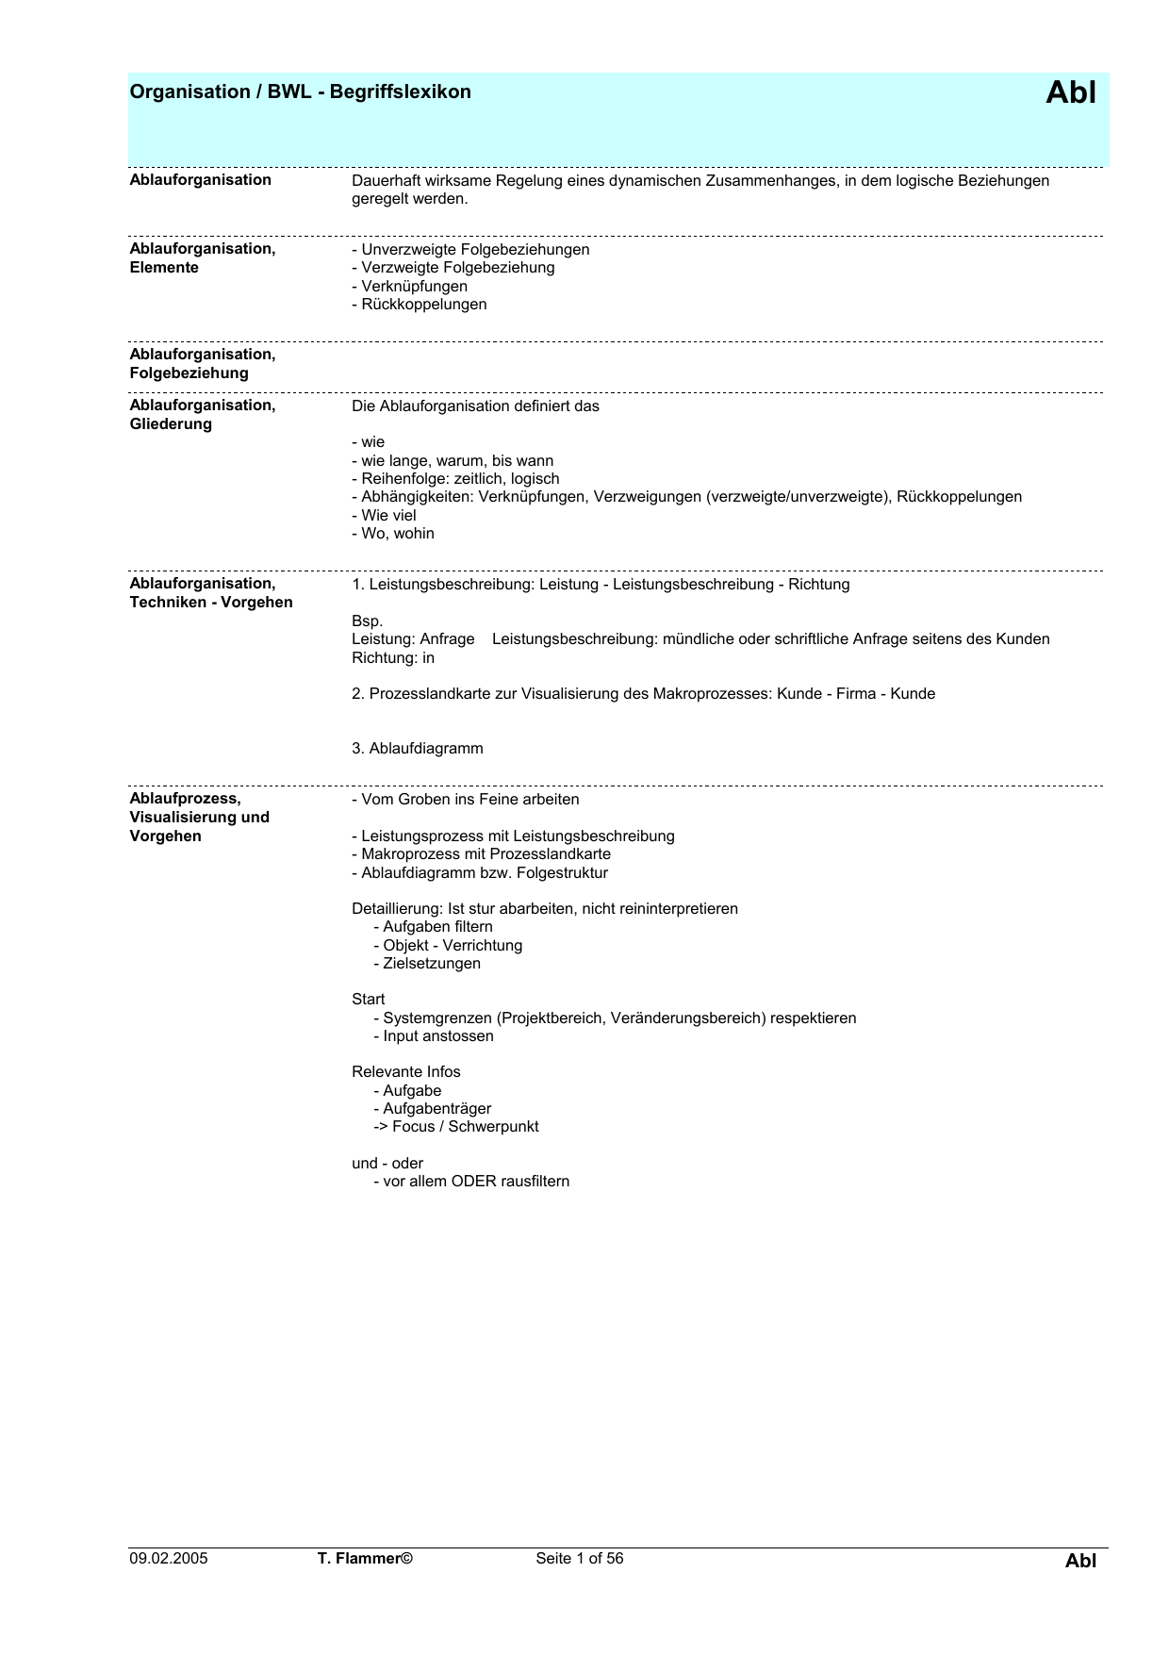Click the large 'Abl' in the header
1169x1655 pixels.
point(1071,92)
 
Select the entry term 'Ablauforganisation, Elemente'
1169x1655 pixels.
point(203,258)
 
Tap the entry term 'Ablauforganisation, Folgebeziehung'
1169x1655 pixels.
point(203,364)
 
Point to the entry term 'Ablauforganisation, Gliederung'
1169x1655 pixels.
point(203,415)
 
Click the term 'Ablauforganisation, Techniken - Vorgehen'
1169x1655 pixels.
point(211,593)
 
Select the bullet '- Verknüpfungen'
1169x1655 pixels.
point(409,286)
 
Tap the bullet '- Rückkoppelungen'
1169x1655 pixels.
point(420,304)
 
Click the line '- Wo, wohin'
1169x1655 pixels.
point(393,533)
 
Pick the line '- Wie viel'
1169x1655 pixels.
point(384,515)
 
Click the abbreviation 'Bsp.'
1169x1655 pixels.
point(367,621)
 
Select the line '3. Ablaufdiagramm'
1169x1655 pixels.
point(417,748)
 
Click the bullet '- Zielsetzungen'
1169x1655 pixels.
point(427,963)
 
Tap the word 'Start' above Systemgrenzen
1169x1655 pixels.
point(368,999)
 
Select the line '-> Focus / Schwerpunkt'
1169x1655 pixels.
point(456,1126)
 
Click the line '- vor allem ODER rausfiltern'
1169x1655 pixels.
point(471,1181)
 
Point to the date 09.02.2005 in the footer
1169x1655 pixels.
point(169,1558)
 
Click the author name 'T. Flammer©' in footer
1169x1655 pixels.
point(366,1558)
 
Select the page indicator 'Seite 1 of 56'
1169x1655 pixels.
point(579,1558)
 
